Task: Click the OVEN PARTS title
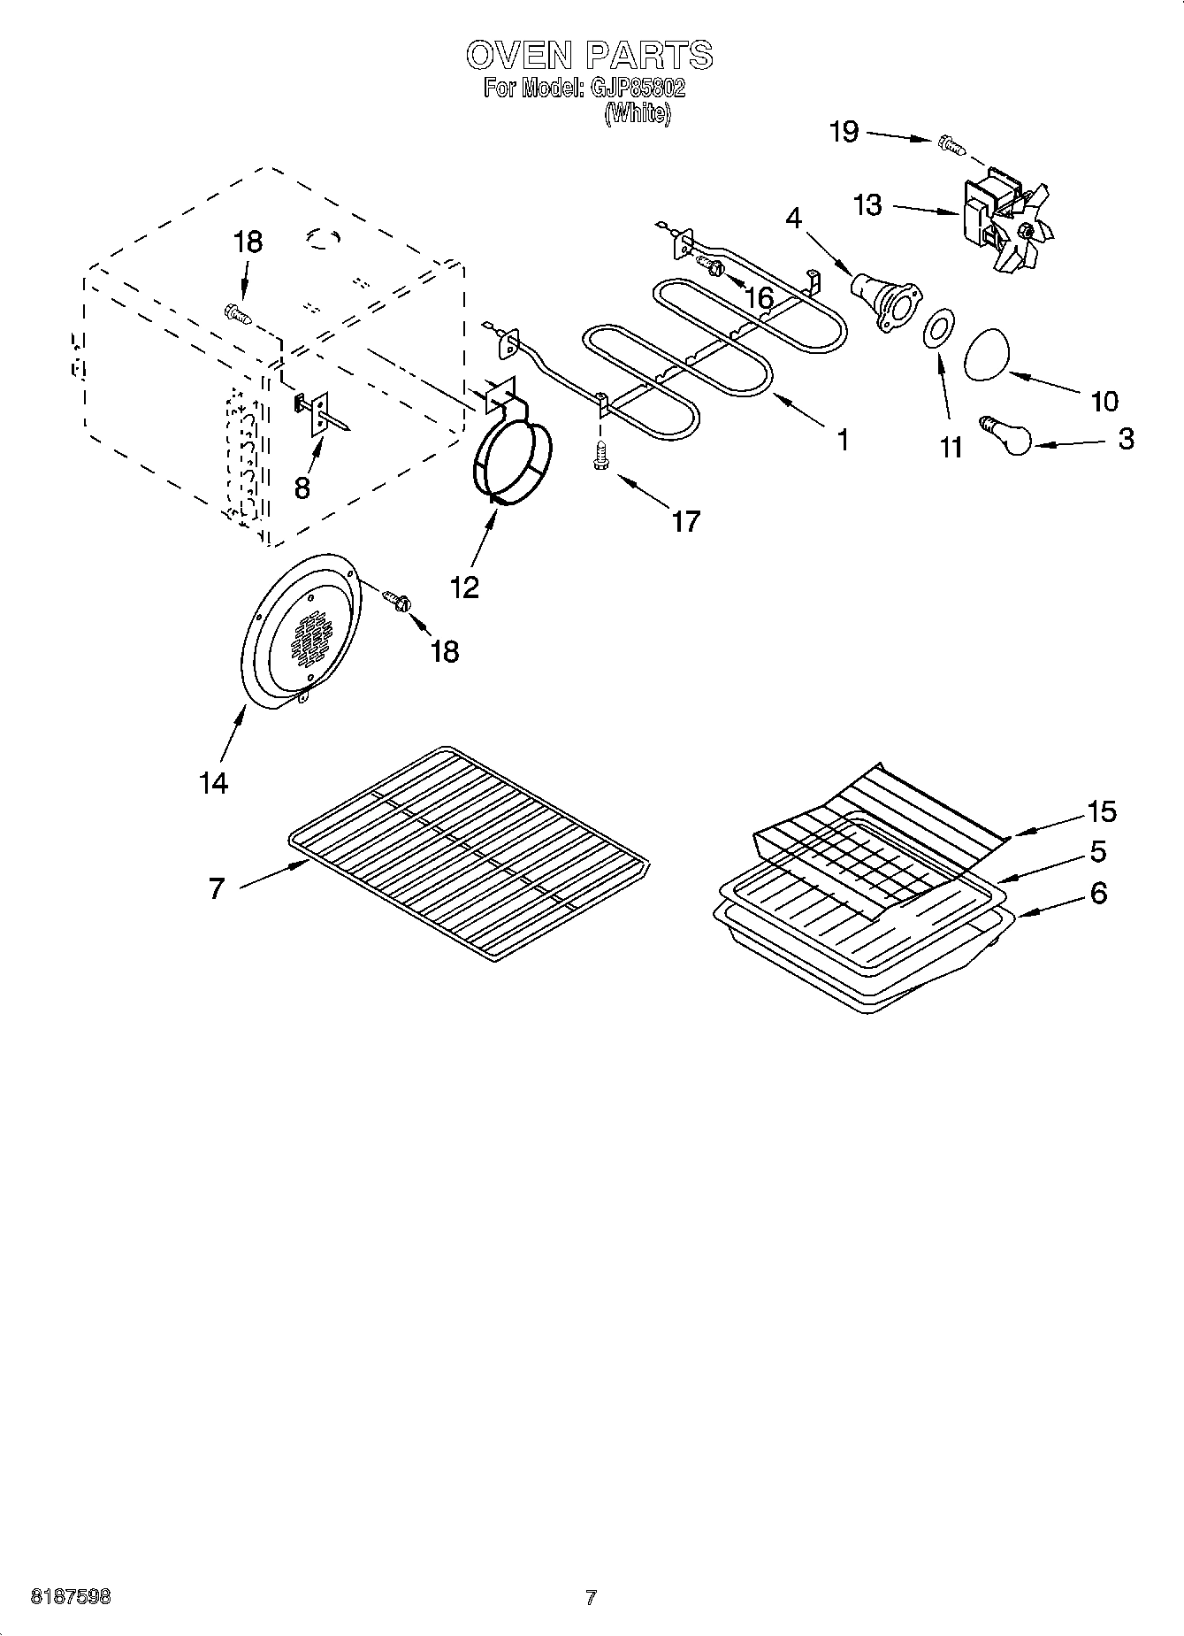point(589,55)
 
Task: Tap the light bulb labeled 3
point(1008,435)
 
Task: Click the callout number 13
point(867,205)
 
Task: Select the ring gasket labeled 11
point(938,329)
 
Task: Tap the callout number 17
point(685,521)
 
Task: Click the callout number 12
point(464,586)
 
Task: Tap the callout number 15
point(1102,810)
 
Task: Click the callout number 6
point(1097,893)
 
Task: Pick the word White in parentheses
point(638,114)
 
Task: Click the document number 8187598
point(71,1597)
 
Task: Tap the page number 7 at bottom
point(591,1597)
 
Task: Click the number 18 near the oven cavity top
point(248,242)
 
